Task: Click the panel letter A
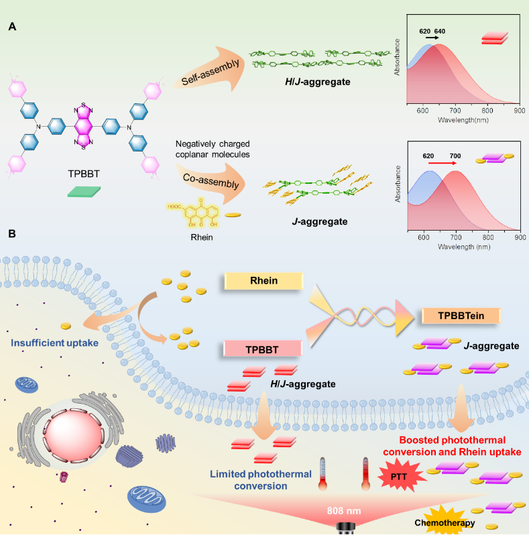point(12,26)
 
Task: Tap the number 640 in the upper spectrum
point(439,31)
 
